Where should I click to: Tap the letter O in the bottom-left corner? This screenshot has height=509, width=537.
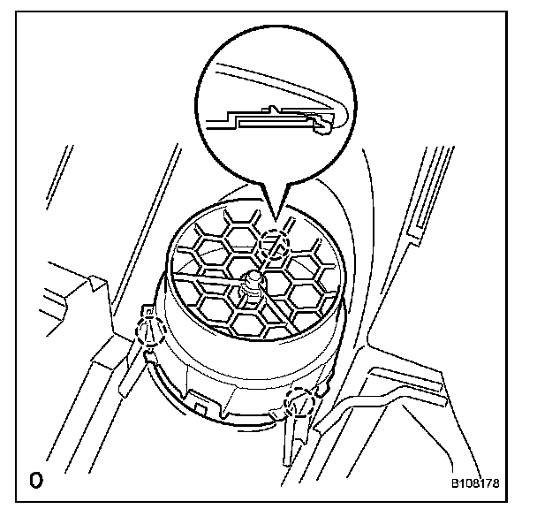36,482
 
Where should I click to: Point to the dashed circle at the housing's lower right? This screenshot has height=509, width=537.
303,401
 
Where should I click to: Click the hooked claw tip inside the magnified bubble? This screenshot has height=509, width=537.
326,127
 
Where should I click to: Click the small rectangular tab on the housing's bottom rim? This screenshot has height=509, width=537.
204,408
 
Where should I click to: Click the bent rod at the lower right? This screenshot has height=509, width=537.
371,399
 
